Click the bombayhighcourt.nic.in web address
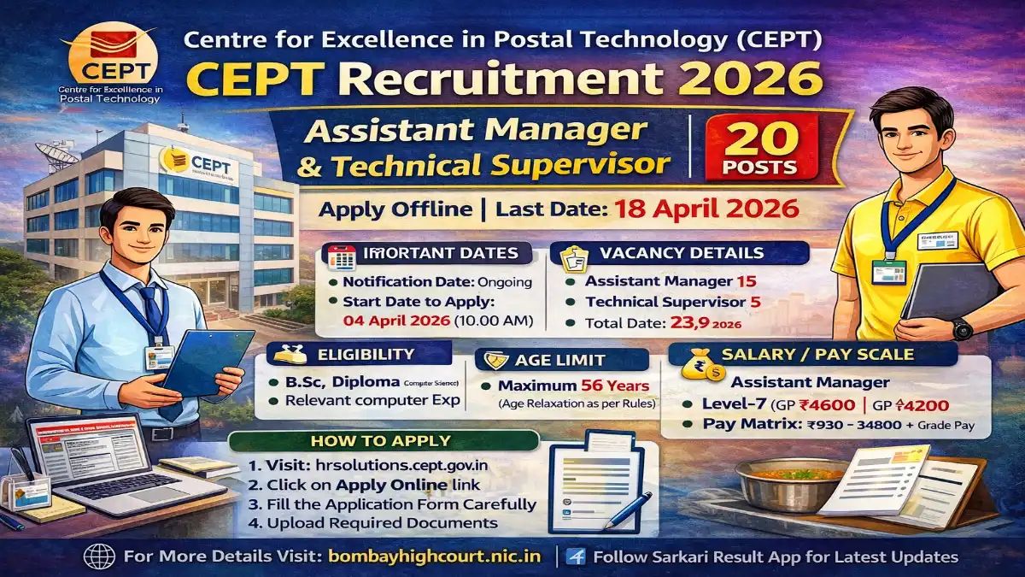pos(435,556)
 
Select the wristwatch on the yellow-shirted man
pos(961,327)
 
